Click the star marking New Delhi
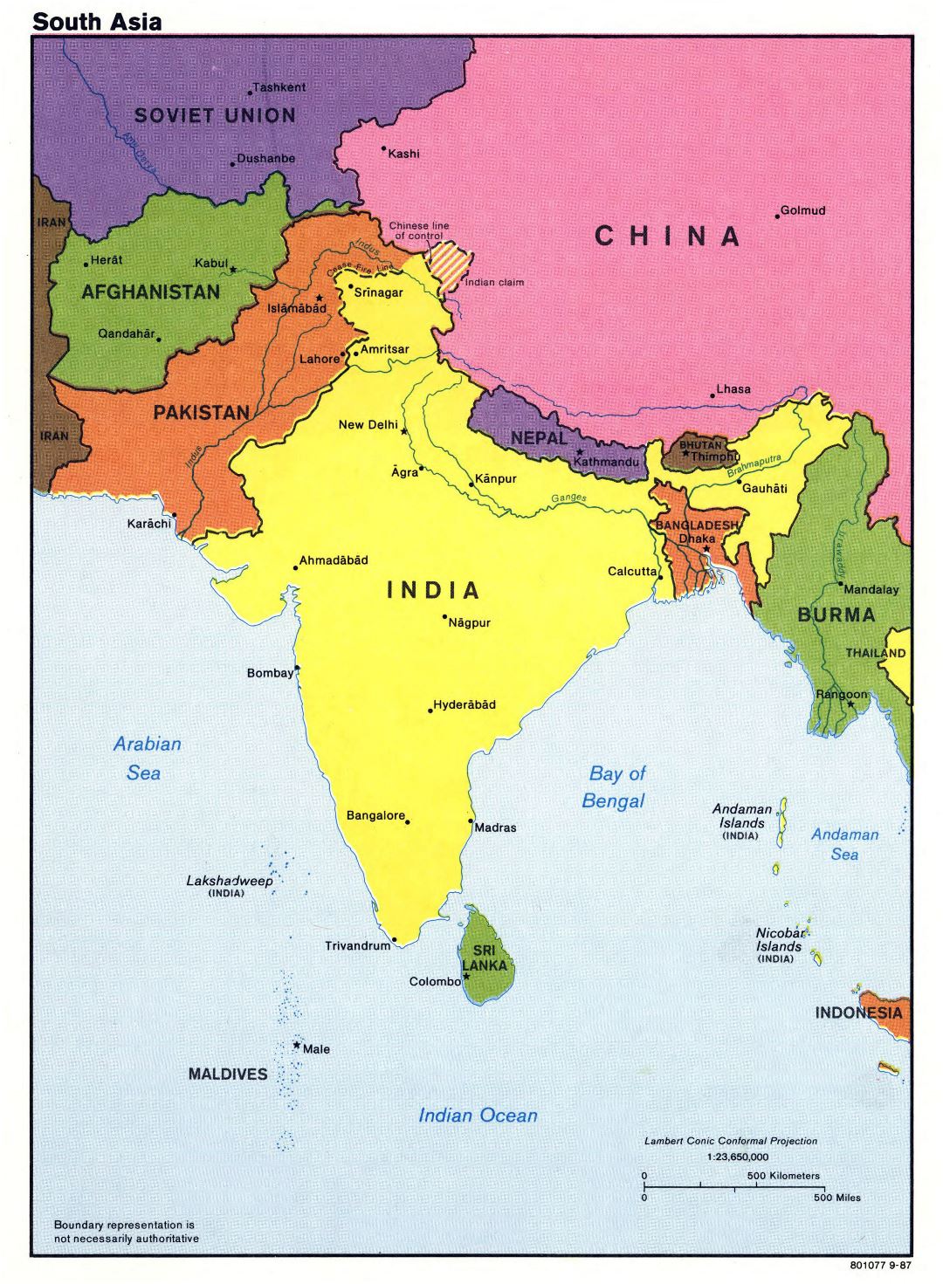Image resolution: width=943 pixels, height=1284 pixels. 403,431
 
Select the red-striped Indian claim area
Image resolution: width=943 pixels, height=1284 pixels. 451,260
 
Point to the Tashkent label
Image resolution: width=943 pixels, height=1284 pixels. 279,87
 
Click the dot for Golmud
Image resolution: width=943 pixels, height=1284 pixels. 777,216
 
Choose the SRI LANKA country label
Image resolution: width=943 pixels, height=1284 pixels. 485,958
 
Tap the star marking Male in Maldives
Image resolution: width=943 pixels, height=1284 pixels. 297,1045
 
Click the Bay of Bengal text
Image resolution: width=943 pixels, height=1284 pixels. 614,786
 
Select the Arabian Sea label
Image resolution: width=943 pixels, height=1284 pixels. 146,758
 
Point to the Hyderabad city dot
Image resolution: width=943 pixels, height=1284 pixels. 430,711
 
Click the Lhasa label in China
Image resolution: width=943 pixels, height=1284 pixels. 733,389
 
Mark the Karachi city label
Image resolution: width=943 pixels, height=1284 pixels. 149,524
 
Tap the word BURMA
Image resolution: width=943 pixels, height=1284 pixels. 836,615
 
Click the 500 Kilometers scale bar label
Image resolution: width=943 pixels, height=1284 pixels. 783,1176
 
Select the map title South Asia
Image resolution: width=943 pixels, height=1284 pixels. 97,22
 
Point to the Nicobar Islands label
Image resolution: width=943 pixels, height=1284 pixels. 779,940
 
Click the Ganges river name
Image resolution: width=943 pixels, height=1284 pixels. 568,498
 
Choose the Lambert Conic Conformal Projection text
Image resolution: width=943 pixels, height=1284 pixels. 731,1141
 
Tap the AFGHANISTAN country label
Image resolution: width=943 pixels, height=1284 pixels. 150,292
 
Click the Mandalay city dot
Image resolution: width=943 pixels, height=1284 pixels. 841,583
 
